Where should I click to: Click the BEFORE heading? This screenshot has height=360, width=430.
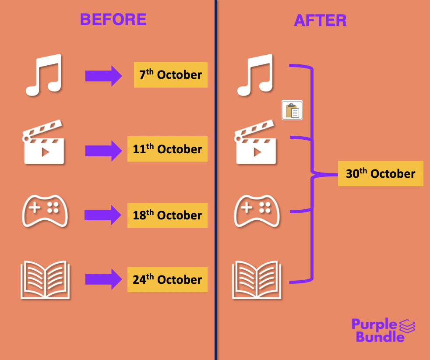pyautogui.click(x=113, y=19)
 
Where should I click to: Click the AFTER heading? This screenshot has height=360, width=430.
pyautogui.click(x=320, y=20)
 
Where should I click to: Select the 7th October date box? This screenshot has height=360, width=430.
pyautogui.click(x=170, y=75)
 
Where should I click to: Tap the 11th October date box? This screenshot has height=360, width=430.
pyautogui.click(x=167, y=149)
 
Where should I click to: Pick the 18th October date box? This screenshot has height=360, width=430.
pyautogui.click(x=167, y=215)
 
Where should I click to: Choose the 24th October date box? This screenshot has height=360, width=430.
pyautogui.click(x=167, y=279)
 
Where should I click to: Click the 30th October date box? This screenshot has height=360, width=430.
pyautogui.click(x=380, y=173)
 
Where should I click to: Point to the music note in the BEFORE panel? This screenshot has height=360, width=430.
pyautogui.click(x=44, y=75)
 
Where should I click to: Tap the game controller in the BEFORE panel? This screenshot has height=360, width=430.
pyautogui.click(x=45, y=211)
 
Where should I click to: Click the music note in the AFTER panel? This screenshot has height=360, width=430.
pyautogui.click(x=256, y=75)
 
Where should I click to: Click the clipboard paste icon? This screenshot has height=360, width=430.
pyautogui.click(x=292, y=110)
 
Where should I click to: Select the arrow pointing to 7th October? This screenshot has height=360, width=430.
pyautogui.click(x=103, y=76)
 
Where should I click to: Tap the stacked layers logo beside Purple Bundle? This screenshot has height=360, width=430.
pyautogui.click(x=407, y=326)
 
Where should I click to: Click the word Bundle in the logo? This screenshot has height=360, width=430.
pyautogui.click(x=380, y=336)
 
